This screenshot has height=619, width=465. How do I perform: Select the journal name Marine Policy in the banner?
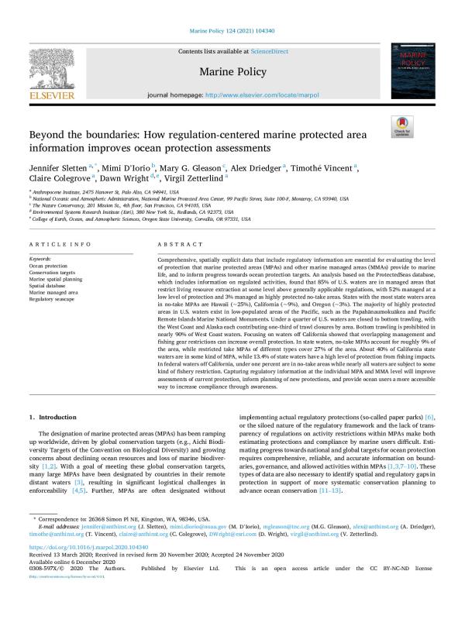(x=232, y=72)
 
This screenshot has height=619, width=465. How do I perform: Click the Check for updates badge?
(x=403, y=127)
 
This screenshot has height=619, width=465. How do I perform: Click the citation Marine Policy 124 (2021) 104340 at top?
(x=232, y=31)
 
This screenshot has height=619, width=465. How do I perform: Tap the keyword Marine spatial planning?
(x=56, y=278)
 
